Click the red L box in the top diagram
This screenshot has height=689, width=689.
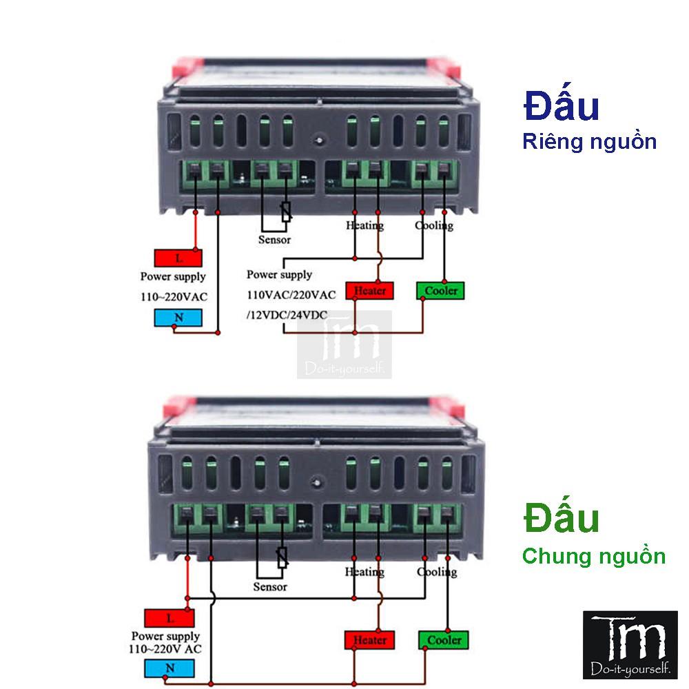coord(178,259)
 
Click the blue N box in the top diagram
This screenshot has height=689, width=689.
coord(178,318)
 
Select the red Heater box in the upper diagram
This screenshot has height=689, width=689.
coord(370,291)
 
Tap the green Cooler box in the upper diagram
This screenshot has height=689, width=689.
coord(441,291)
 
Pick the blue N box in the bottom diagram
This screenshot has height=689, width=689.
coord(169,668)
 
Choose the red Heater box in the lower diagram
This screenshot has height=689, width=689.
coord(370,640)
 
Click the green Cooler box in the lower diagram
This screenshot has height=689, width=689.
coord(444,640)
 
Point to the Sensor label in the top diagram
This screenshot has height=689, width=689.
coord(274,240)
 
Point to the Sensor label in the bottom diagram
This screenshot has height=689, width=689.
coord(270,587)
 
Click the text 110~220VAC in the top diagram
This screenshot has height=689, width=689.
coord(174,297)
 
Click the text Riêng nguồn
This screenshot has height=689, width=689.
coord(589,143)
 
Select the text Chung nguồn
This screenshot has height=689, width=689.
coord(594,556)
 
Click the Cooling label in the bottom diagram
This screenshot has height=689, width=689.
coord(437,572)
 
